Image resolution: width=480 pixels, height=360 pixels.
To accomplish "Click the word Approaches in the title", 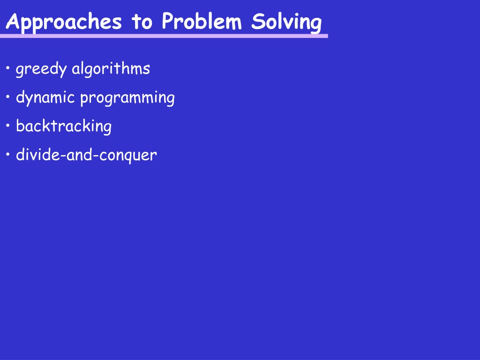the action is pos(64,22).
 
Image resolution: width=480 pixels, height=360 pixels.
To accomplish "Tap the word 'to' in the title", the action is pos(142,22).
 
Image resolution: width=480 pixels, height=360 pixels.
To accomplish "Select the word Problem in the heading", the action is pos(202,21).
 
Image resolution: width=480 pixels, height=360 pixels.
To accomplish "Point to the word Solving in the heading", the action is pos(286,22).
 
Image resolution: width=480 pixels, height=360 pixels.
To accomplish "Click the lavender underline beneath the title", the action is pos(164,36).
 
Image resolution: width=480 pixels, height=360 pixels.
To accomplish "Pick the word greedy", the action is pos(41,69).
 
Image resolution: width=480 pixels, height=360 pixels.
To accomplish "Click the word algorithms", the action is pos(111,68).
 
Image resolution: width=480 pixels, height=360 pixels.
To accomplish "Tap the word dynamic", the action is pos(45,97).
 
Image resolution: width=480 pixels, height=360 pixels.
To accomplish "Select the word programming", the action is pos(127,98).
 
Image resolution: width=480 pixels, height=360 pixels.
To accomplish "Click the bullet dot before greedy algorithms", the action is pos(8,68).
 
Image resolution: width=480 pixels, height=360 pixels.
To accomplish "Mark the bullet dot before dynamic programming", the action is pos(8,97).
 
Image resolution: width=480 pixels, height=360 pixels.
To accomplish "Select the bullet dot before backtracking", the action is pos(8,126).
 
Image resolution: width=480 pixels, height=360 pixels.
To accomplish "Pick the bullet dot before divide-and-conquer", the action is pos(8,154).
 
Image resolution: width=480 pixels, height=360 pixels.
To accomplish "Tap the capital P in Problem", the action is pos(169,21).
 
